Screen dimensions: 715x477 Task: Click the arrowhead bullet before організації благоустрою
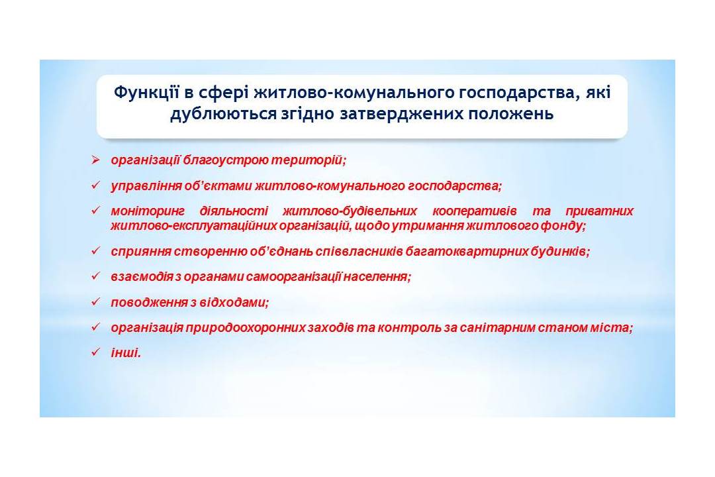pyautogui.click(x=95, y=160)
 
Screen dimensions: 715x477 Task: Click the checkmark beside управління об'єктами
pyautogui.click(x=95, y=185)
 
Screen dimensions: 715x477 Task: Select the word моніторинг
pyautogui.click(x=148, y=211)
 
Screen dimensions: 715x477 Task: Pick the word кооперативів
pyautogui.click(x=474, y=211)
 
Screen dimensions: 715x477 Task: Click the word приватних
pyautogui.click(x=599, y=211)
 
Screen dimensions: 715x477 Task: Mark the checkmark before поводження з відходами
pyautogui.click(x=95, y=301)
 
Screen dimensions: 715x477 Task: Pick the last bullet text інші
pyautogui.click(x=126, y=353)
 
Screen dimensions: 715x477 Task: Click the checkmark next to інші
pyautogui.click(x=95, y=352)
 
